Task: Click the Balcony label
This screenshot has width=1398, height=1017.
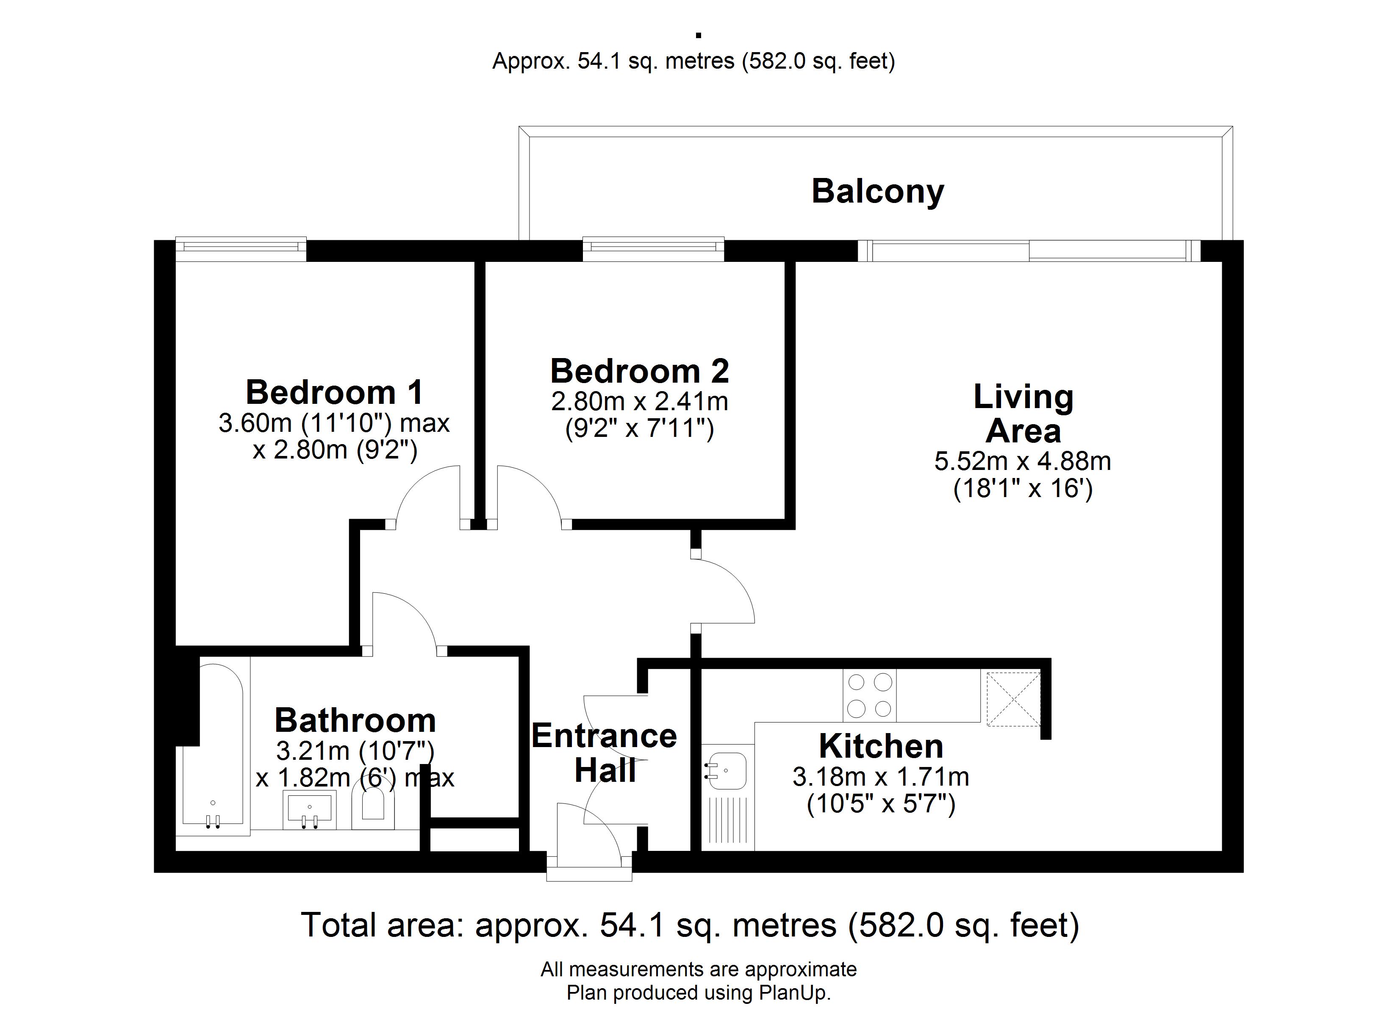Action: tap(877, 192)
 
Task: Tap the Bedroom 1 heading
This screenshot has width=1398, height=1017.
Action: tap(335, 392)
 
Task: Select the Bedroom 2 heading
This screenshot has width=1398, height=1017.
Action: tap(640, 371)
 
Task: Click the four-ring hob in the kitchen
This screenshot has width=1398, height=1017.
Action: tap(870, 696)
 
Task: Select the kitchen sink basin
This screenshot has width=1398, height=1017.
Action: tap(726, 770)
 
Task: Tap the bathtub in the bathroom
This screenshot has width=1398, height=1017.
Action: tap(213, 746)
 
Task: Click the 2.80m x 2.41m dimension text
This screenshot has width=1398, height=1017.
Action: tap(640, 401)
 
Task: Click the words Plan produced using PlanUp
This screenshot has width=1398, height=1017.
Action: tap(699, 993)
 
